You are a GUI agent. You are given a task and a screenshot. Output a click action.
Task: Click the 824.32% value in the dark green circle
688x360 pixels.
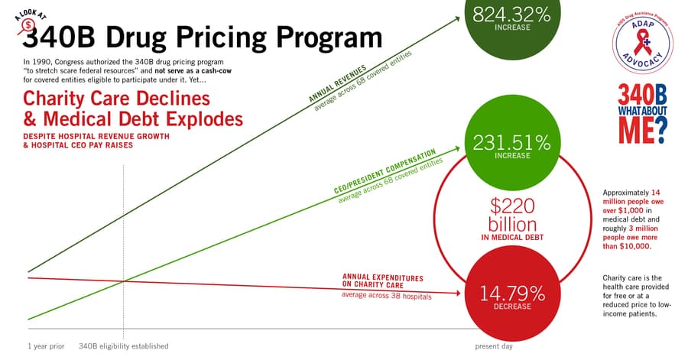(x=511, y=15)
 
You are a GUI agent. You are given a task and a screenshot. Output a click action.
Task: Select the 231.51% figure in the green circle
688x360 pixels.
(x=511, y=143)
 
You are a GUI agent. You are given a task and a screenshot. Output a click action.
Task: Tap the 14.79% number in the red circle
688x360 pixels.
(x=511, y=294)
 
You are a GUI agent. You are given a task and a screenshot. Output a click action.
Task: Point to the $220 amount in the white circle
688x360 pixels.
(x=512, y=206)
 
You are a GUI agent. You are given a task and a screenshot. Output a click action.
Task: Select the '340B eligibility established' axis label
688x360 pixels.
(x=123, y=346)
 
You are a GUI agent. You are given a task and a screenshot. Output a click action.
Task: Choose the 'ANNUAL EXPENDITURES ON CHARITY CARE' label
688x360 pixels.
(x=372, y=281)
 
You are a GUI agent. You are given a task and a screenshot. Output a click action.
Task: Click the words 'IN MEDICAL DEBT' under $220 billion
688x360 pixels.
(x=512, y=238)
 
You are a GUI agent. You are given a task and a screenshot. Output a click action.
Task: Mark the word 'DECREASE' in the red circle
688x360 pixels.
(x=511, y=308)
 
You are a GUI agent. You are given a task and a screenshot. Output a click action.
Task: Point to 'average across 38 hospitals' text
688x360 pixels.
(x=386, y=295)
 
